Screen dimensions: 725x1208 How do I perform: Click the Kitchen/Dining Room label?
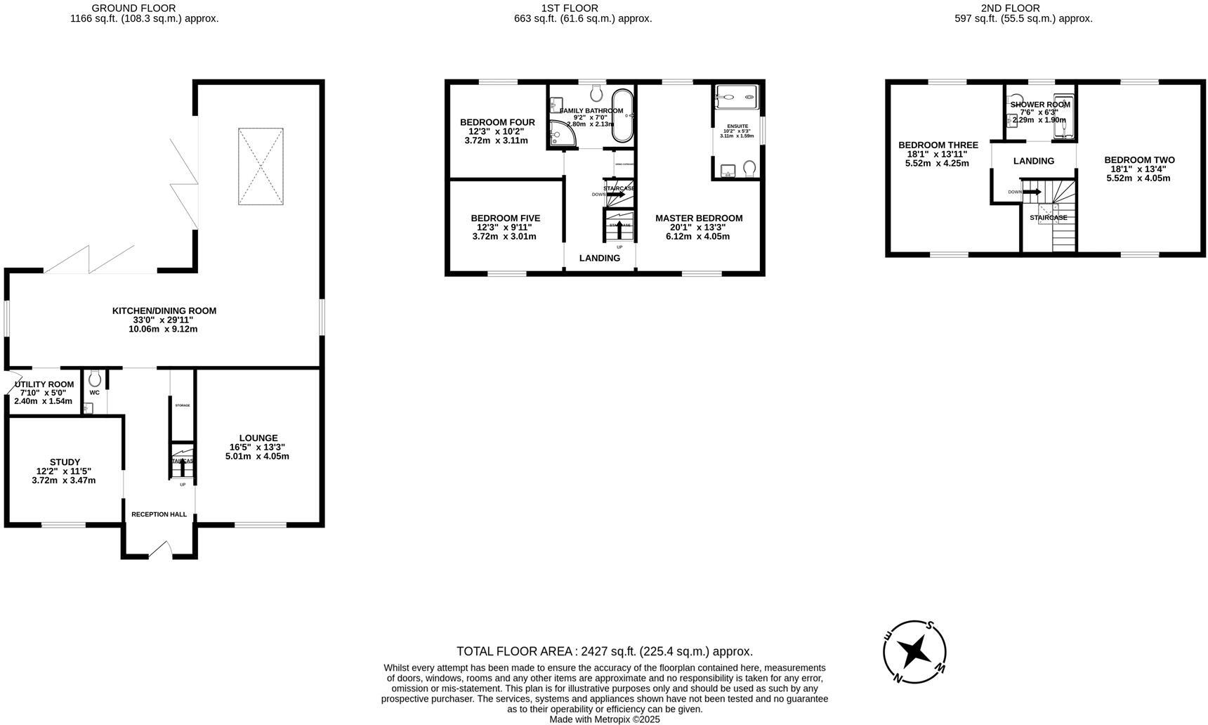164,311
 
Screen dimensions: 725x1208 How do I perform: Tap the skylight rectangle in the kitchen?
261,166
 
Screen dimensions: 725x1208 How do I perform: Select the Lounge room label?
258,438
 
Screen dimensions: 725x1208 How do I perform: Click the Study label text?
64,462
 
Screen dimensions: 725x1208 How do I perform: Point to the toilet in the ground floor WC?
95,379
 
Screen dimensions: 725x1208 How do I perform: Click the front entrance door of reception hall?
161,549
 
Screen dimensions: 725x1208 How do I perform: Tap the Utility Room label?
44,384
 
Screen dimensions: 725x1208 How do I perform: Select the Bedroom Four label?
497,122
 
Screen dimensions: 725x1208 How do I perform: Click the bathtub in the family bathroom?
622,116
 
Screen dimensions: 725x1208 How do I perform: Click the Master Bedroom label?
698,218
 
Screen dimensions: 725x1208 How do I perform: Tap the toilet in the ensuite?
749,169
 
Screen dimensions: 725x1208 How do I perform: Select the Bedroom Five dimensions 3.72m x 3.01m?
504,237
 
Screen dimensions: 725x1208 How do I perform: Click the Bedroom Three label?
938,145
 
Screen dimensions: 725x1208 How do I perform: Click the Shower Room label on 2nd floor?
1040,105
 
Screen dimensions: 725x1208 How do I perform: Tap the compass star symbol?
915,651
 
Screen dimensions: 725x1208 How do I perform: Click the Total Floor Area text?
604,651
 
